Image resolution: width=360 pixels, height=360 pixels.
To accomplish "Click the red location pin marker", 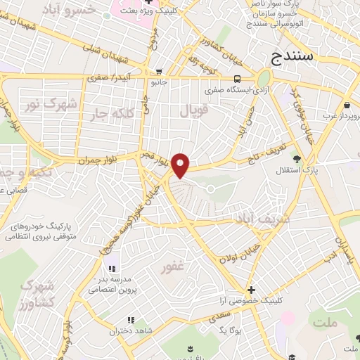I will point(181,165).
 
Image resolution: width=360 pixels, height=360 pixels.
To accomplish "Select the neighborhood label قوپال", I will point(195,111).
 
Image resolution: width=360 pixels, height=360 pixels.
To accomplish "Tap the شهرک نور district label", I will point(50,103).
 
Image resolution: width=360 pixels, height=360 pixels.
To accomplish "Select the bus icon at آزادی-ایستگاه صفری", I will point(238,79).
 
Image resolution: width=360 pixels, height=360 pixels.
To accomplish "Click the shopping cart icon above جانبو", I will point(160,71).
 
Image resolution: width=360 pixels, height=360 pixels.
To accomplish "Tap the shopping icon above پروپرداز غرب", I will point(347,105).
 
